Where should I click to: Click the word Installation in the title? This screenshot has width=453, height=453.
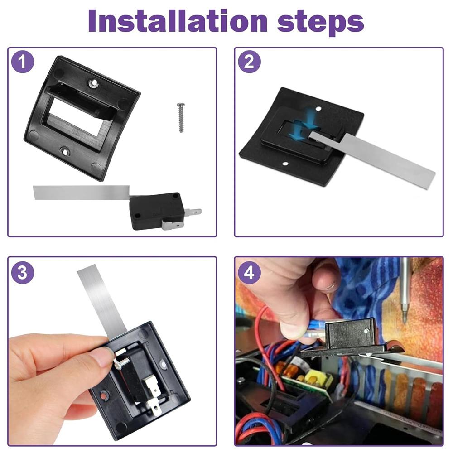point(178,21)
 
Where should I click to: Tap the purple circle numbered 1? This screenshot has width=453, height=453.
point(23,62)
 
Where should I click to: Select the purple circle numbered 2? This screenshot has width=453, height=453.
point(249,62)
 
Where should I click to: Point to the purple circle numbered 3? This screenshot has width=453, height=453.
point(23,272)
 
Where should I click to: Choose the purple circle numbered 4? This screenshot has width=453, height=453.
point(249,272)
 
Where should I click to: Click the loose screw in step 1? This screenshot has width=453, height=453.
point(181,118)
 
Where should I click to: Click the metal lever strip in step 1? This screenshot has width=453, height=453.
point(82,192)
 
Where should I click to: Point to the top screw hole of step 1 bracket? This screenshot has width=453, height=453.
point(93,83)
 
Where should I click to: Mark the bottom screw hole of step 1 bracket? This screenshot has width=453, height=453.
point(64,150)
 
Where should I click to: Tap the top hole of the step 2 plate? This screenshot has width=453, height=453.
point(318,109)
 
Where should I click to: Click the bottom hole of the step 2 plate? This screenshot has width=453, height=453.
point(285,164)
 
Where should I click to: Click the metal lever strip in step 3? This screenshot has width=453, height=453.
point(101,300)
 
